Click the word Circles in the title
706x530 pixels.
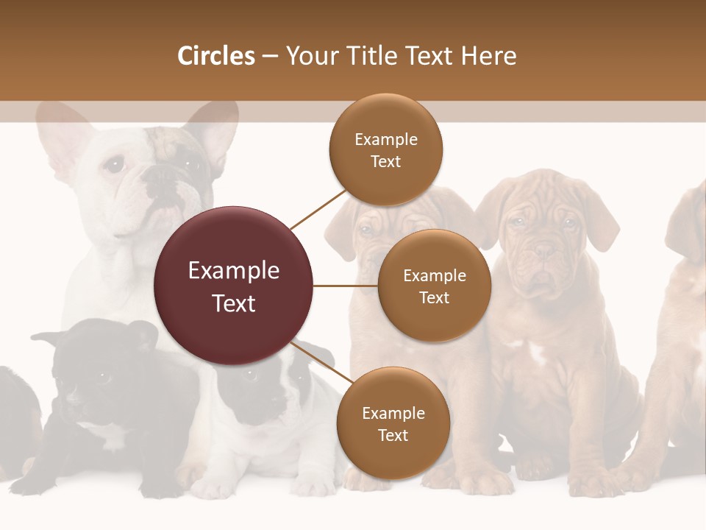(x=216, y=56)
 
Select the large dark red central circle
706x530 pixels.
(x=234, y=286)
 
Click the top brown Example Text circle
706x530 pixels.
(x=386, y=150)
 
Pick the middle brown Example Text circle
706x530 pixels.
(x=435, y=286)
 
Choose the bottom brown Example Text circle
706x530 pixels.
(x=393, y=423)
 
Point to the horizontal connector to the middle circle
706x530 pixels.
(x=346, y=286)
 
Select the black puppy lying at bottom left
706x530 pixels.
(x=103, y=397)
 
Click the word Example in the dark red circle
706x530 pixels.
(x=234, y=271)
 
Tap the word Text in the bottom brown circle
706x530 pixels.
(x=393, y=435)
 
